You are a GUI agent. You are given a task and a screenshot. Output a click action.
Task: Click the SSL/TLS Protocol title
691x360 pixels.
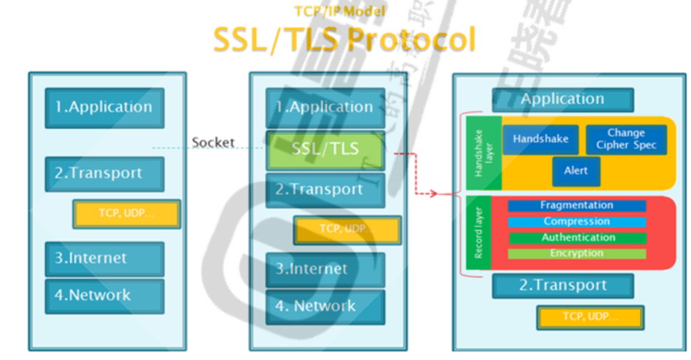point(344,39)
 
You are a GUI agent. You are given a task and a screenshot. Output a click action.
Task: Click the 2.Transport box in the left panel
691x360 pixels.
point(104,174)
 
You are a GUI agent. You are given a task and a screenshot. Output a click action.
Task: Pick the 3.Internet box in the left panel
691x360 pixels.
point(104,259)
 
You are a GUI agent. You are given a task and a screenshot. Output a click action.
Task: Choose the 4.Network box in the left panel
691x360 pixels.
point(104,296)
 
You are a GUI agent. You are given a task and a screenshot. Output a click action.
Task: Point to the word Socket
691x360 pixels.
point(212,142)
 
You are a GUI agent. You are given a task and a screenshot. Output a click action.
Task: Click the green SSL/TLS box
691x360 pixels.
point(325,150)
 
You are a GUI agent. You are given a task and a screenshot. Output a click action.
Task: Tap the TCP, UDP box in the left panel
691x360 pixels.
point(126,213)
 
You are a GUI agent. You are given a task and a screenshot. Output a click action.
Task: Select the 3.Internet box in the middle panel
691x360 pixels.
point(325,269)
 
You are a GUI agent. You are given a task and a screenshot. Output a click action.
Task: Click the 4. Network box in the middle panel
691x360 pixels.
point(325,306)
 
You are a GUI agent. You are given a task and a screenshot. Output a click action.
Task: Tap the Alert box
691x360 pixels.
point(576,171)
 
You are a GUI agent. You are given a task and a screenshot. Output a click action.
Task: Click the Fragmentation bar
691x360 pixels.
point(577,206)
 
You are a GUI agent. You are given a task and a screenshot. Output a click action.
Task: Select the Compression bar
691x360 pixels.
point(577,221)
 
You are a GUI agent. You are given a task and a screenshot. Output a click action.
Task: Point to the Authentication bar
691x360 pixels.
point(577,238)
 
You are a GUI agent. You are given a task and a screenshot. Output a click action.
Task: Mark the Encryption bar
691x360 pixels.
point(577,254)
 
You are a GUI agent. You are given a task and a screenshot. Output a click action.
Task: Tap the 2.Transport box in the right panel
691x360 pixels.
point(563,285)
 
